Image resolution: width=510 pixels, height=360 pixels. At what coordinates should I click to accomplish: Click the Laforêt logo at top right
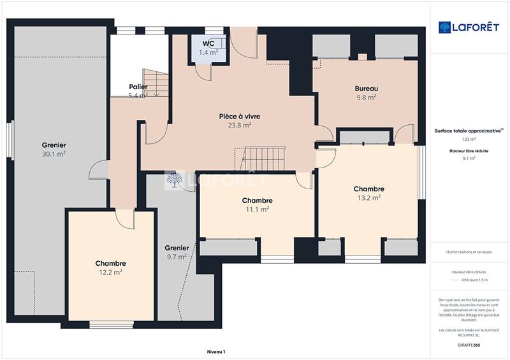pos(468,27)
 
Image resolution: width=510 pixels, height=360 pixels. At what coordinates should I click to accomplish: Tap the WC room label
pos(208,43)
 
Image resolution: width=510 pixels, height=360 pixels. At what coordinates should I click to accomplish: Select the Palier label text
pos(138,87)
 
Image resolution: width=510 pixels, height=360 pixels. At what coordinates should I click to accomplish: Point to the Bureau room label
pos(367,89)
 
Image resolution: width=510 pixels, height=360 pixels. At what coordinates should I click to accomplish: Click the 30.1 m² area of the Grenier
pos(54,154)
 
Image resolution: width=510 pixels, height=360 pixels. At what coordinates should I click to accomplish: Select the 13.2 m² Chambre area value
pos(369,198)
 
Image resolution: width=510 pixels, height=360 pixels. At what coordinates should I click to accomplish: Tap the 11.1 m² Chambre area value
pos(257,209)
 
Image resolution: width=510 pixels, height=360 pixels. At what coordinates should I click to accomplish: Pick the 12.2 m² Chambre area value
pos(110,272)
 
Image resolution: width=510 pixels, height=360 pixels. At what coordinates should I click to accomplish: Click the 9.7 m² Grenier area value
pos(176,257)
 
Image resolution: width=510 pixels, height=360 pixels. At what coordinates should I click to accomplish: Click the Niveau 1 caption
pos(216,351)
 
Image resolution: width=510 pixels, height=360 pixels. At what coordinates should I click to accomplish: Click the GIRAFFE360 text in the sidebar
pos(468,345)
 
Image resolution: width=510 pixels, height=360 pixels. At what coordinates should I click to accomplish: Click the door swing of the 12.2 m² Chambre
pos(125,219)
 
